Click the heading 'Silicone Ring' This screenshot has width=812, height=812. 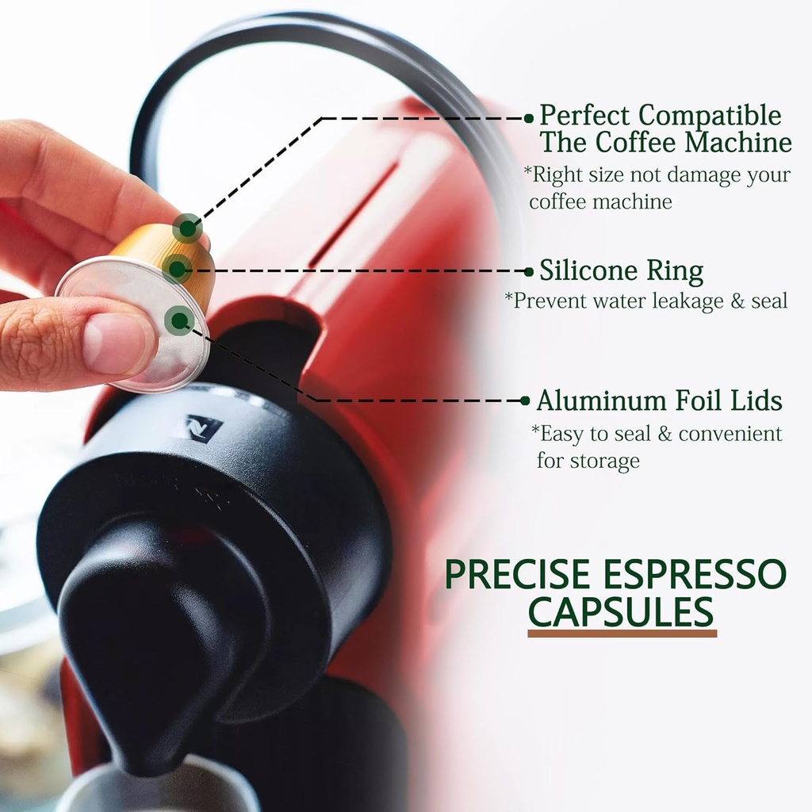[621, 272]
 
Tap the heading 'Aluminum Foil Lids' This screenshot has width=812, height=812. [659, 401]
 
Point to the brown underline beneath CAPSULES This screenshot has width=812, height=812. [622, 634]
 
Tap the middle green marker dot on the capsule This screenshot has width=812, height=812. [176, 268]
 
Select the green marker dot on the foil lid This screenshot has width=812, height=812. [180, 320]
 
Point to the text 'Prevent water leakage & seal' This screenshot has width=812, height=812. [646, 301]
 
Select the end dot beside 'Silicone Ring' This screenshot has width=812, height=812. [529, 271]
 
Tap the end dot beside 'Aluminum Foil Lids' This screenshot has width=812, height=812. [525, 400]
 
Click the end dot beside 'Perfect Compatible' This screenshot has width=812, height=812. [529, 118]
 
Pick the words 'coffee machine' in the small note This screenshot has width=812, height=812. [600, 201]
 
